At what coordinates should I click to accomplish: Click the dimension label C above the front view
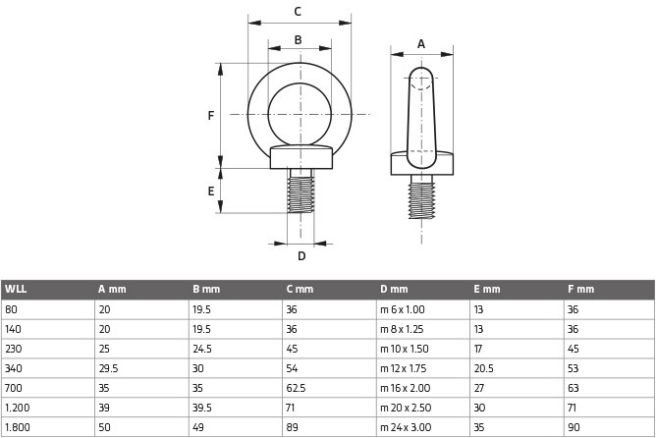tap(298, 12)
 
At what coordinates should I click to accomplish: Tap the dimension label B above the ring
tap(298, 40)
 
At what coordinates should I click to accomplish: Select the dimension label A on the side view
tap(421, 43)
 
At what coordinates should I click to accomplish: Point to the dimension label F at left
tap(210, 116)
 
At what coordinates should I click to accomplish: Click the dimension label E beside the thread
tap(210, 191)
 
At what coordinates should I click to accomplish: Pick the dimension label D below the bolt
tap(301, 256)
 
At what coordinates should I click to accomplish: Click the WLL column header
tap(16, 289)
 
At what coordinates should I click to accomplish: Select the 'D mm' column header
tap(394, 289)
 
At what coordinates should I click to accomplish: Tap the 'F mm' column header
tap(580, 289)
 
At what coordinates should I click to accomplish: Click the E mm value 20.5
tap(485, 369)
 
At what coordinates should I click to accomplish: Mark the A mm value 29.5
tap(108, 369)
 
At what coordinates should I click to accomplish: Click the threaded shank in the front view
tap(300, 192)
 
